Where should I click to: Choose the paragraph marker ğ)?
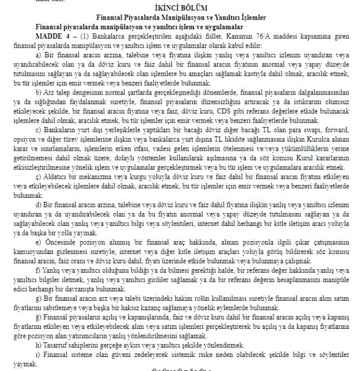(38, 316)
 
